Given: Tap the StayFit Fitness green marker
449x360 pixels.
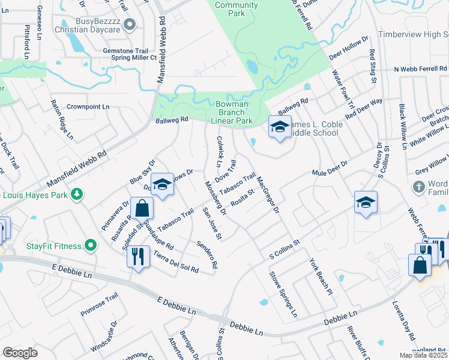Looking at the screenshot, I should (91, 245).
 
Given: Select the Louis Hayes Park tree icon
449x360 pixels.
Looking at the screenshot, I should (77, 194).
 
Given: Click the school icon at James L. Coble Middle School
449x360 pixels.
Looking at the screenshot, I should (279, 127).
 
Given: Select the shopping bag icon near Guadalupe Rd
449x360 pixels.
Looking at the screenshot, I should (142, 209).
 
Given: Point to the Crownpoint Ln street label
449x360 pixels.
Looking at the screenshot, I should (88, 107).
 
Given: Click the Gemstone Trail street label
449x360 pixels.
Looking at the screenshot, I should (125, 51).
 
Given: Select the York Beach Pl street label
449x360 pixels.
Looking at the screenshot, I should (321, 277).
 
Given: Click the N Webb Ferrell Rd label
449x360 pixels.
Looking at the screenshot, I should (421, 70).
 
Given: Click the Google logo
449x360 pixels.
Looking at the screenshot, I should (20, 353).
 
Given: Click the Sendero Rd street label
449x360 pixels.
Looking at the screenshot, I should (206, 254).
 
